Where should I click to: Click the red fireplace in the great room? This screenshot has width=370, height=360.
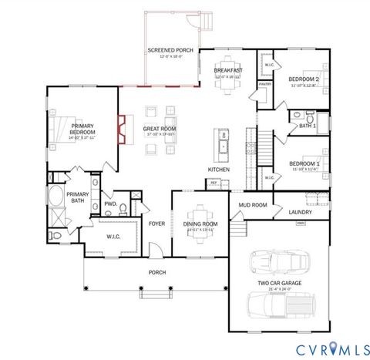point(122,130)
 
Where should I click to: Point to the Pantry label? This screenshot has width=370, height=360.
point(264,83)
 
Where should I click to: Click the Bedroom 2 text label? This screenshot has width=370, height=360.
point(304,79)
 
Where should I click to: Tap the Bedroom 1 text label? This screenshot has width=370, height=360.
point(304,163)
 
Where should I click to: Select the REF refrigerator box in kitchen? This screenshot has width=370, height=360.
point(213,183)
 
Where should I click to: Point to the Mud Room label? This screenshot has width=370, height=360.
point(253,205)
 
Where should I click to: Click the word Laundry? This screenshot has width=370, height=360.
point(300,211)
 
